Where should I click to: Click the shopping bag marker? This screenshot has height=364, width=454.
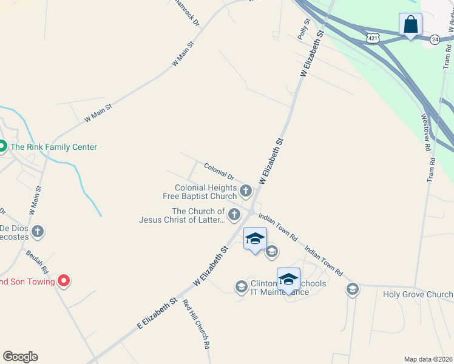pos(410,25)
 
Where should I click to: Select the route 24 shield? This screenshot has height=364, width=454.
pos(434,39)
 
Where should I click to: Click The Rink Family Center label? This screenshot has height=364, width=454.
pos(53,147)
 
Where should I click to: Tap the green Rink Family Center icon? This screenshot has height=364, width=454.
pos(2,146)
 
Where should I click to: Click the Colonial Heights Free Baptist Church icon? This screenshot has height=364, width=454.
pos(246,192)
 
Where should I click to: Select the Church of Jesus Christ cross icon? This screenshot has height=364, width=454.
pos(234,214)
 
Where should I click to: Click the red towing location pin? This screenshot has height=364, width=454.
pos(64,281)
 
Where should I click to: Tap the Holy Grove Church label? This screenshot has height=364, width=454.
pos(418,295)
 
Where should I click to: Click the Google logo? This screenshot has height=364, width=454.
pos(20,357)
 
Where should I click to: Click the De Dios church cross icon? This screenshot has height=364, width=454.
pos(38,231)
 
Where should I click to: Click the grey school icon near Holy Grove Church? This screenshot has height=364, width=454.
pos(352,289)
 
